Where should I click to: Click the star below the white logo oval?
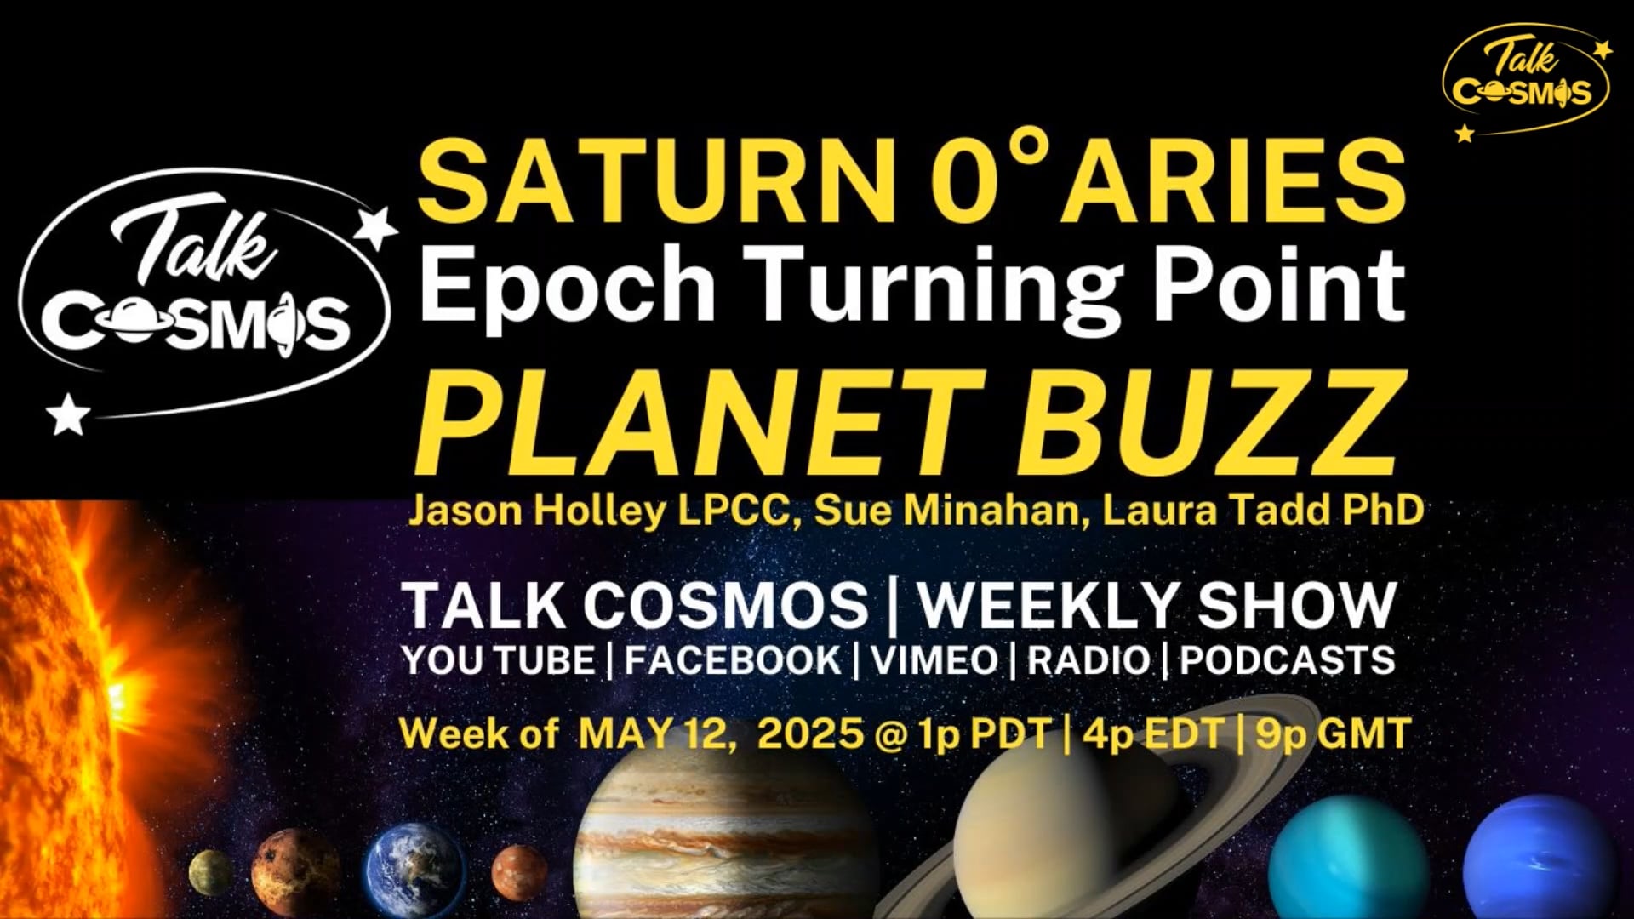pyautogui.click(x=68, y=414)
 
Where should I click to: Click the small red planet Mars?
pyautogui.click(x=519, y=872)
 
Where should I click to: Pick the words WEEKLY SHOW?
pyautogui.click(x=1157, y=605)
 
